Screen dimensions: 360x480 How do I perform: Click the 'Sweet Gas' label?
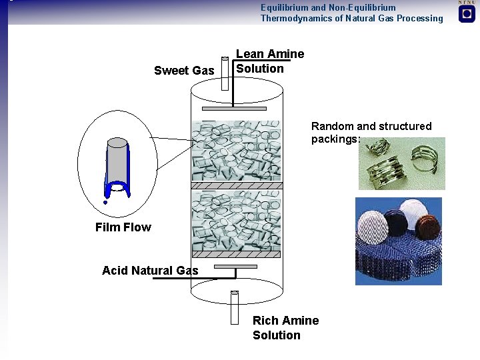point(184,71)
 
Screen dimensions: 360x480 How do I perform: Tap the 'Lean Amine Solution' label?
point(269,61)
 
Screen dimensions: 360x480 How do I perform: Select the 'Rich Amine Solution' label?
point(285,328)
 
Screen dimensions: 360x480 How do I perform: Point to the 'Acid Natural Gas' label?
point(150,270)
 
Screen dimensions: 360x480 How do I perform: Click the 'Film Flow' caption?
point(123,227)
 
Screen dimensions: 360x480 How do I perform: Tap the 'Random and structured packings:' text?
point(371,132)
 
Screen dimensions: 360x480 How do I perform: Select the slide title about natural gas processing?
point(351,13)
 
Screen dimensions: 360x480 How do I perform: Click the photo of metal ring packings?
point(401,163)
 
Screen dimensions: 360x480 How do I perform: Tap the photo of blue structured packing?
point(398,241)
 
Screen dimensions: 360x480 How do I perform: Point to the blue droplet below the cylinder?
point(105,201)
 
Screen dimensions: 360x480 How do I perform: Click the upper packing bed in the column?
point(236,150)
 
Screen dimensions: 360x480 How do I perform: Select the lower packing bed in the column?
point(236,221)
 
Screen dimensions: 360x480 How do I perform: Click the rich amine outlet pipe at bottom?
point(234,307)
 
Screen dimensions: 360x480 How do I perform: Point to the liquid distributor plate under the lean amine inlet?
point(233,108)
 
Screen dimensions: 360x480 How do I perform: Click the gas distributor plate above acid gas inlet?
point(236,266)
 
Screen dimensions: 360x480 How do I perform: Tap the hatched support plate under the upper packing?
point(236,184)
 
